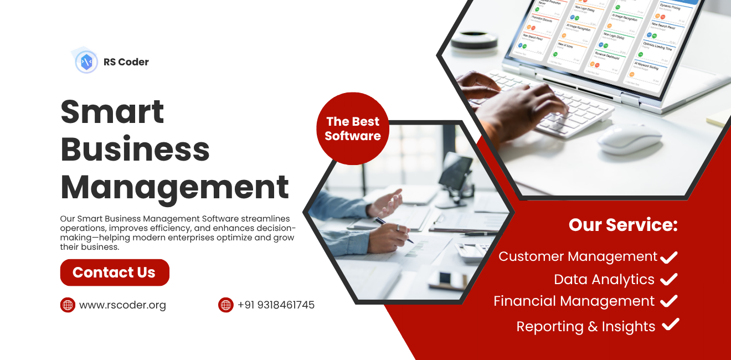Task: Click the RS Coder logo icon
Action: pyautogui.click(x=86, y=61)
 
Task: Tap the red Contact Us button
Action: pyautogui.click(x=115, y=272)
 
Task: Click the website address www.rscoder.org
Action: pyautogui.click(x=122, y=305)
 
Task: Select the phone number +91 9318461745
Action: pyautogui.click(x=276, y=305)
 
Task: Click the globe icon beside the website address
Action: pyautogui.click(x=68, y=305)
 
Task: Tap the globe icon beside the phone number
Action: pyautogui.click(x=226, y=305)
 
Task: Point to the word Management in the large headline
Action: pyautogui.click(x=174, y=187)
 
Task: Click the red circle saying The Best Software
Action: pyautogui.click(x=353, y=128)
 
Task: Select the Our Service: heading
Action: pyautogui.click(x=623, y=224)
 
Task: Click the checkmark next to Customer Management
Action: pyautogui.click(x=669, y=256)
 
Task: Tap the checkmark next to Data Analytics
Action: pyautogui.click(x=669, y=279)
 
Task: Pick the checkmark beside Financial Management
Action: pyautogui.click(x=669, y=301)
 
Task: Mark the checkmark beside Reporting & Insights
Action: pyautogui.click(x=671, y=325)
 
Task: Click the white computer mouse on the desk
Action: pyautogui.click(x=630, y=138)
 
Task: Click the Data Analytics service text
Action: pyautogui.click(x=604, y=280)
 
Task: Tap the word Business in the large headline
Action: pyautogui.click(x=135, y=149)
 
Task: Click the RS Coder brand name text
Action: pyautogui.click(x=126, y=62)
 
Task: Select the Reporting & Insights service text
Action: pyautogui.click(x=586, y=327)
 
